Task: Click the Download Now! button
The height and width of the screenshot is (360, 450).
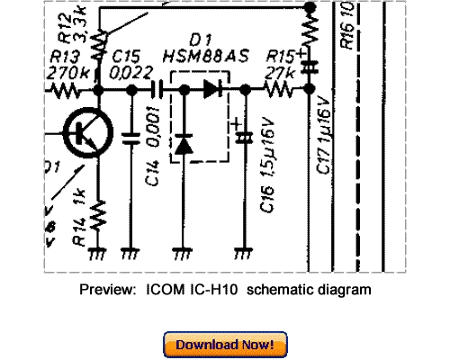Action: click(x=225, y=344)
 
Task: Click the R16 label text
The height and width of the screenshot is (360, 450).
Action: click(x=346, y=27)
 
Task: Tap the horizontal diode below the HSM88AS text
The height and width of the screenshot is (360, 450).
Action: click(x=212, y=90)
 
